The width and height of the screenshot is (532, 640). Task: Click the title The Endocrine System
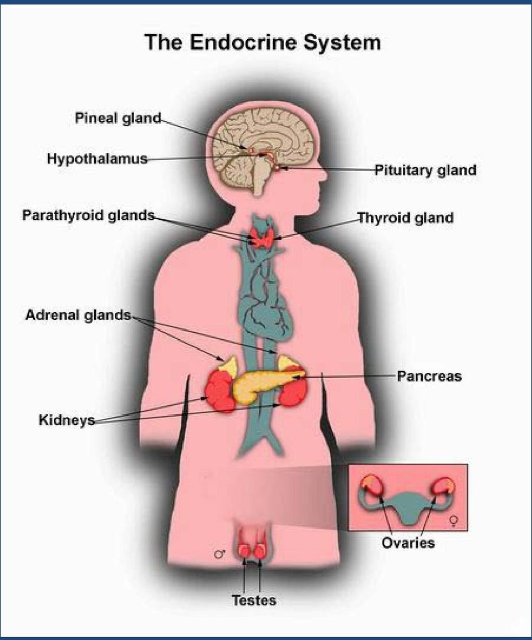coord(263,42)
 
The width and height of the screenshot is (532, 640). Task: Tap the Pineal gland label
coord(118,118)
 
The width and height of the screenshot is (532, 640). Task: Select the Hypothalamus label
coord(97,158)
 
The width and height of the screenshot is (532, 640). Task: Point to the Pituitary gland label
coord(426,170)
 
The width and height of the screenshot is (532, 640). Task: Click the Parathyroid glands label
coord(89,215)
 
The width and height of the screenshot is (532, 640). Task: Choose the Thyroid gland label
coord(405,218)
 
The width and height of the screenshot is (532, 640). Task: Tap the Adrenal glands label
coord(78,315)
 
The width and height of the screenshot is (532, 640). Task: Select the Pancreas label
coord(429,376)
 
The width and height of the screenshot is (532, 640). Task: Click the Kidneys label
coord(67,420)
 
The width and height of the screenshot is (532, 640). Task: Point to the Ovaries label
coord(408,543)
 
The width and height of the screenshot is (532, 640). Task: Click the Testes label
coord(254,600)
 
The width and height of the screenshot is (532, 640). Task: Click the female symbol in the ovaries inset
coord(454,520)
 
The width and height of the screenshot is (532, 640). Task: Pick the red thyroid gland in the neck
coord(262,237)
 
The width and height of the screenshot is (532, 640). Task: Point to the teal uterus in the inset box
coord(407,506)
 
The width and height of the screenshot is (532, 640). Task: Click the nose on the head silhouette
coord(323,174)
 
